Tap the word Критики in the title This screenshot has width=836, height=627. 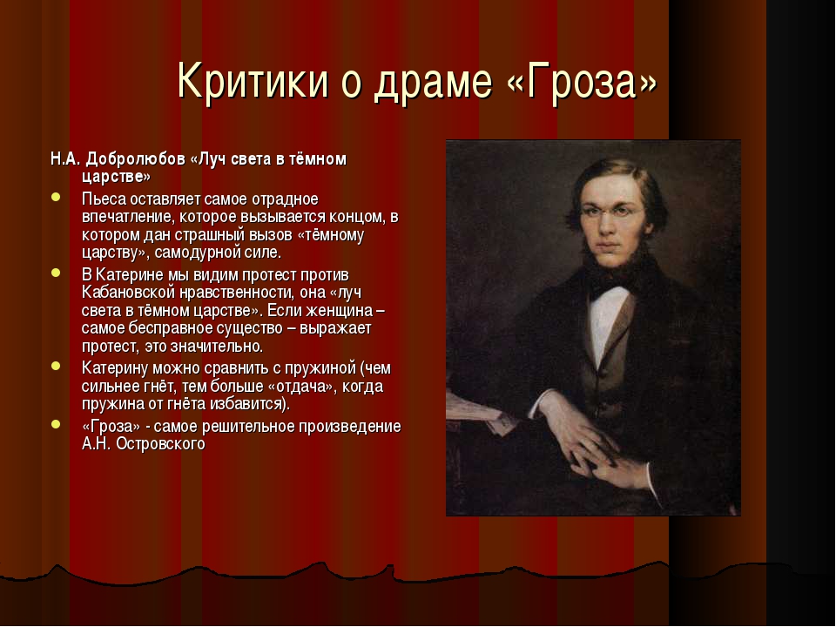click(253, 82)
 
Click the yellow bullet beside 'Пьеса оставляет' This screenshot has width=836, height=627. click(56, 198)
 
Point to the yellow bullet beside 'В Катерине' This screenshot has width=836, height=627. click(56, 273)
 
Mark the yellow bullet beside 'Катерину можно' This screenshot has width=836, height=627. click(56, 367)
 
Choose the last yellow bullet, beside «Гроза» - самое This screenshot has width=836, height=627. click(56, 424)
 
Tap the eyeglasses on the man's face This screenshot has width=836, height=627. click(612, 212)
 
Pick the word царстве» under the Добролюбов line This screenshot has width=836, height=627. click(116, 177)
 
